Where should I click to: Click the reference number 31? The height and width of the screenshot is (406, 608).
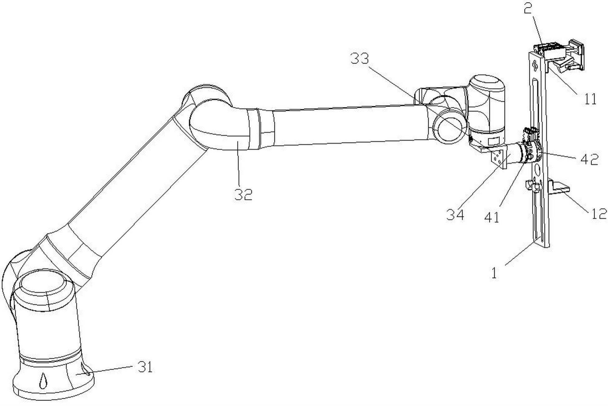pos(145,367)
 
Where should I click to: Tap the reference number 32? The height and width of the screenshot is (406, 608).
pos(243,195)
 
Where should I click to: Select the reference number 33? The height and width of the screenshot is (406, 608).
pos(360,59)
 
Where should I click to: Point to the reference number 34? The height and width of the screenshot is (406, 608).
pos(455,215)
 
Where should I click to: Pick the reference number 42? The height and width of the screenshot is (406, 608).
pos(589,159)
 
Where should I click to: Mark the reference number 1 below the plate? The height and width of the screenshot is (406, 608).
pos(494,273)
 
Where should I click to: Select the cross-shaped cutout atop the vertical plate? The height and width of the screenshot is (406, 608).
pos(536,66)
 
